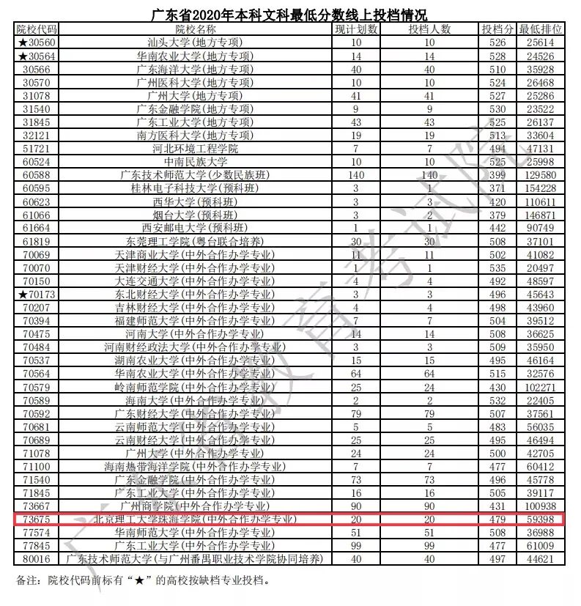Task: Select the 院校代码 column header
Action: click(37, 29)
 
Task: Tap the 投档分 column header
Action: click(497, 29)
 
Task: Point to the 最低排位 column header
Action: click(541, 29)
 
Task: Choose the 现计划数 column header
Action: click(356, 29)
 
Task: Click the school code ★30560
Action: click(37, 43)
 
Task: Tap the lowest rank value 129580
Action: click(541, 175)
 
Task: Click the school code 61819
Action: click(37, 241)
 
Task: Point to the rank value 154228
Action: click(541, 188)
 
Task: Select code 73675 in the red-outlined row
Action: click(37, 520)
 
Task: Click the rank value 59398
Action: click(541, 520)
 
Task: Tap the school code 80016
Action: click(37, 559)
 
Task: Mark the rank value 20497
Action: click(541, 268)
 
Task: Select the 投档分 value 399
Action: click(497, 175)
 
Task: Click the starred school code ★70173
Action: click(37, 295)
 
